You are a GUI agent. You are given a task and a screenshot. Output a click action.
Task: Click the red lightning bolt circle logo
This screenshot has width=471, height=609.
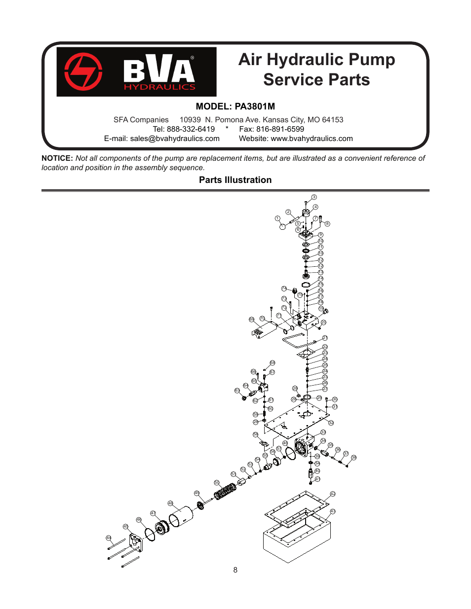tap(83, 72)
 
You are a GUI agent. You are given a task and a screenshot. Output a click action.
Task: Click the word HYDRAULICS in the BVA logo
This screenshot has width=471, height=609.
tap(159, 87)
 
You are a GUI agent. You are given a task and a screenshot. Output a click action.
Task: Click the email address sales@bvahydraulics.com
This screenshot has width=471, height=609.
tap(175, 139)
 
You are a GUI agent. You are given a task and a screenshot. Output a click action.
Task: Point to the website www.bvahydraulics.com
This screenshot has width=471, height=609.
tap(312, 139)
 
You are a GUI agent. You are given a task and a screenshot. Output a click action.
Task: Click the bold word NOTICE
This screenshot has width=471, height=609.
tap(57, 158)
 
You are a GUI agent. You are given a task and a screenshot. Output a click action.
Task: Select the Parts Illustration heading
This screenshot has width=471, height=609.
tap(235, 180)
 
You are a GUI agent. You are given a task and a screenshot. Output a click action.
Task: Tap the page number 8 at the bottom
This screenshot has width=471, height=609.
tap(235, 570)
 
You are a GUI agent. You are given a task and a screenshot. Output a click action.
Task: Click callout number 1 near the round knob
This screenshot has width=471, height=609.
tap(277, 218)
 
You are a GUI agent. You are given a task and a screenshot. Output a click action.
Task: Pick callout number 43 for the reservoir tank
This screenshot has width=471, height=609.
tap(333, 511)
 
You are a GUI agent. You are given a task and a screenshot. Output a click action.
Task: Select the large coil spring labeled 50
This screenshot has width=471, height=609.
tap(226, 491)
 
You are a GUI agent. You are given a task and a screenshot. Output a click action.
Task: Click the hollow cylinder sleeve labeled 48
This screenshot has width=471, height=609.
tap(181, 516)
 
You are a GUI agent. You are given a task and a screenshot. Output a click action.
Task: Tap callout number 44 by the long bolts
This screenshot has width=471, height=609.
tap(109, 538)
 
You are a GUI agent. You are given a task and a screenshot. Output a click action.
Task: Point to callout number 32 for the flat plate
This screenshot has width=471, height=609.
tap(331, 423)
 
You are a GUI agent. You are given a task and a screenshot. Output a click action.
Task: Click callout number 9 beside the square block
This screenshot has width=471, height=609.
tap(320, 235)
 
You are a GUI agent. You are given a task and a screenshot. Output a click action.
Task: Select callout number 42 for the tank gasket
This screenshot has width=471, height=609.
tap(332, 494)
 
